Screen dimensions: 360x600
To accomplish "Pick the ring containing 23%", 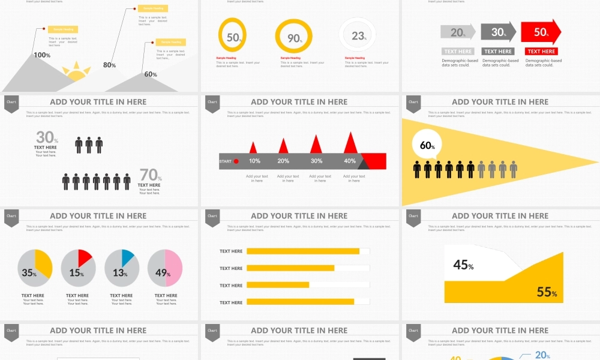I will (x=358, y=36).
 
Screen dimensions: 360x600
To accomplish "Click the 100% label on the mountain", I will (x=41, y=55).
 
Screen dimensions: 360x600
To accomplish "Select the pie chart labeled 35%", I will (x=35, y=268).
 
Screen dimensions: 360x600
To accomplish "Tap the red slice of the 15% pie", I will (x=85, y=259).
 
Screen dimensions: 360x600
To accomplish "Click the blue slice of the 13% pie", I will (x=127, y=257).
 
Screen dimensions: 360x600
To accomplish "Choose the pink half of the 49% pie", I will (x=173, y=268).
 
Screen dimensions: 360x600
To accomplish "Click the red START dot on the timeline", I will (x=236, y=161).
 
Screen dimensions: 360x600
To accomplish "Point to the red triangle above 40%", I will (x=350, y=145).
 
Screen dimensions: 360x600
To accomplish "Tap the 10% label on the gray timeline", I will (x=254, y=161).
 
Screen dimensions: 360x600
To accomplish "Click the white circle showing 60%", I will (x=427, y=146).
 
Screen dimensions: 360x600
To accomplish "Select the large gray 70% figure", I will (x=149, y=175).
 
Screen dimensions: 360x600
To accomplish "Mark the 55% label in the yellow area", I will (x=547, y=292).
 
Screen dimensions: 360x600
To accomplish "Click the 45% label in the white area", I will (x=463, y=265).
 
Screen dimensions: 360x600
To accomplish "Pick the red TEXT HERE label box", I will (x=541, y=52).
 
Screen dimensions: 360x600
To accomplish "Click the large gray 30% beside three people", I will (x=46, y=137).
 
